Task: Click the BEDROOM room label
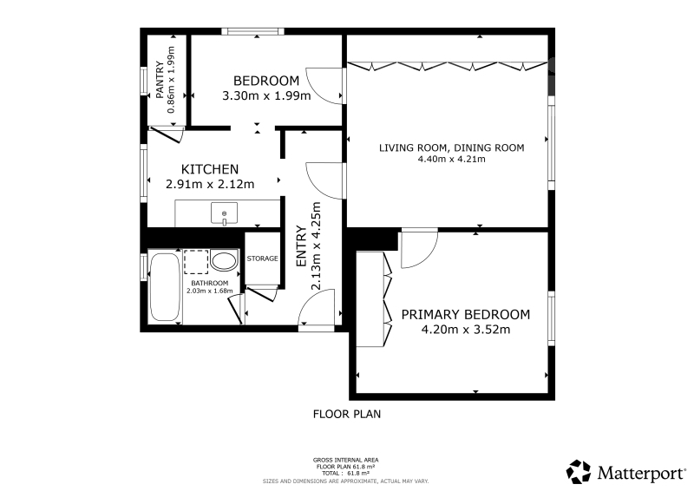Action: coord(266,81)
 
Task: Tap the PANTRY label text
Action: coord(160,80)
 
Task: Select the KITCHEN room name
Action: coord(210,169)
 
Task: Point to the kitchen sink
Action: coord(224,214)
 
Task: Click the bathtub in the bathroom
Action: coord(165,286)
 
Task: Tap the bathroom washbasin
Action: coord(224,261)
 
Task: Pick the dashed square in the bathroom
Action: coord(196,262)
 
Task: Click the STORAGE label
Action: coord(263,259)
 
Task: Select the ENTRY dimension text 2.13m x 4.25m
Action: coord(316,246)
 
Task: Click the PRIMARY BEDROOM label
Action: coord(466,314)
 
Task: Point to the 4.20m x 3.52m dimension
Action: coord(466,330)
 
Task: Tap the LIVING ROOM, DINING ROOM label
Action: coord(451,147)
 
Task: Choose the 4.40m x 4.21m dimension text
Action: coord(451,159)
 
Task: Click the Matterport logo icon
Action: coord(579,472)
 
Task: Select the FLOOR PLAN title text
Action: coord(347,414)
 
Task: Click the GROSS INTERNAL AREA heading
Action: coord(345,460)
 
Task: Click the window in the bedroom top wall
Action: coord(252,31)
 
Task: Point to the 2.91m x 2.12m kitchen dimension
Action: coord(210,184)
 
